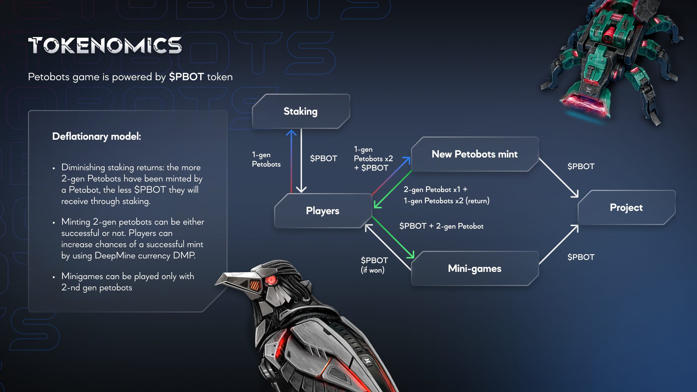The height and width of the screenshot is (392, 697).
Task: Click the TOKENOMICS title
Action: pos(105,45)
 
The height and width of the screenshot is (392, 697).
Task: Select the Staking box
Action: pos(301,111)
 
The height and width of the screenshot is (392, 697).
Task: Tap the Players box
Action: pos(322,211)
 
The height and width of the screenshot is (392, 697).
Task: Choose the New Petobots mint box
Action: pos(474,154)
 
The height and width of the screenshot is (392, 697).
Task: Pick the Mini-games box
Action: pos(474,269)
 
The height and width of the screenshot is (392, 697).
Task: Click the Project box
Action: pos(626,208)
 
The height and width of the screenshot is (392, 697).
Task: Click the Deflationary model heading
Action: pos(97,136)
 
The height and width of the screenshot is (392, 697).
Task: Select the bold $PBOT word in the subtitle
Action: pos(186,77)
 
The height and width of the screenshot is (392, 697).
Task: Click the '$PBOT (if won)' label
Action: pos(374,265)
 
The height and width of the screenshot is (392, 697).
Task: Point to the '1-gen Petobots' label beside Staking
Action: pos(266,159)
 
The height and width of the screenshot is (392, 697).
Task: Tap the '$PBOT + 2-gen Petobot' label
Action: pos(441,226)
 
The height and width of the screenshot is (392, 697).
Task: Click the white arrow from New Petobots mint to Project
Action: pos(559,178)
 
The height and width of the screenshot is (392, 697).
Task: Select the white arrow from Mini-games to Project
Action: pos(559,244)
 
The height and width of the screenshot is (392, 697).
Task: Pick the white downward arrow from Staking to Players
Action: pos(301,162)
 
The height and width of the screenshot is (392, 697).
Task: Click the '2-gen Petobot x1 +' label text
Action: pos(435,189)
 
